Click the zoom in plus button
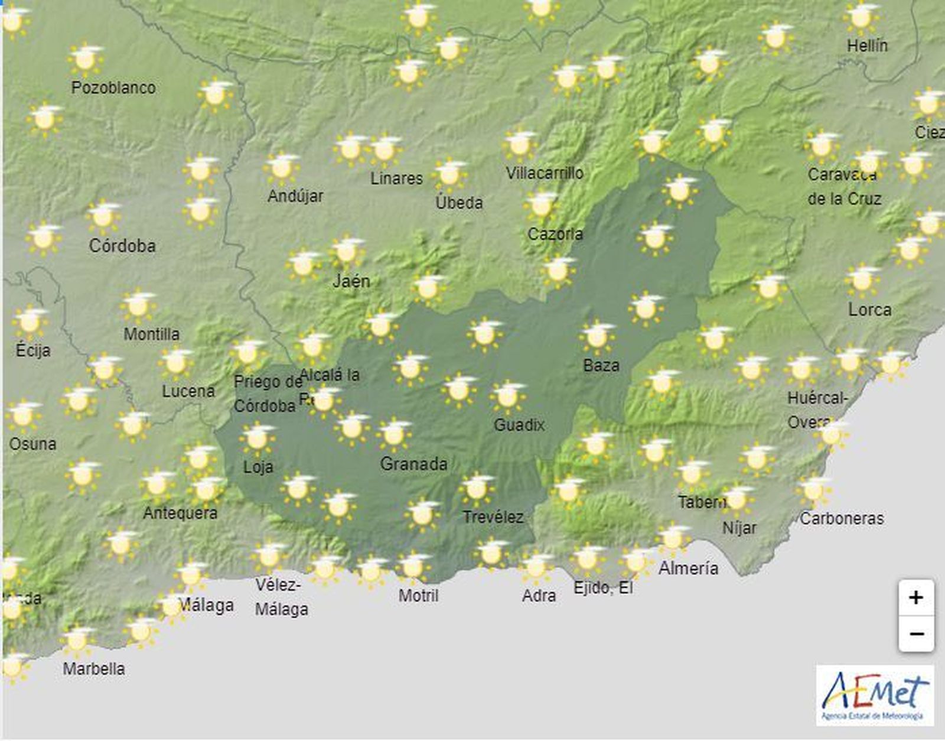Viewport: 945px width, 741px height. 916,598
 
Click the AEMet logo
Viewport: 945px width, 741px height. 875,695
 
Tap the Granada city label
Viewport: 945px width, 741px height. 413,464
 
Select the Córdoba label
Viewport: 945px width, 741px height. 122,246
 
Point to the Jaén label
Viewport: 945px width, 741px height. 351,281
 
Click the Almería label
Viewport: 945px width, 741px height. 689,568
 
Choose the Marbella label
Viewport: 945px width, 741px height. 94,669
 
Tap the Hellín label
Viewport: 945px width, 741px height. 867,45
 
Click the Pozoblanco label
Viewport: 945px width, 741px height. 113,88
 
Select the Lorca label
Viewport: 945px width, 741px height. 869,310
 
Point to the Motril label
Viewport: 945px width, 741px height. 418,595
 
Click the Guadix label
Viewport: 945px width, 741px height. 519,425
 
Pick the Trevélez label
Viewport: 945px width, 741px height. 493,518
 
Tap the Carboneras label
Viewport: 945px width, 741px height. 842,519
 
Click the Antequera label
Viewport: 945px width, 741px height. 180,513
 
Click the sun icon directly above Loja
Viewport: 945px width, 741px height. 257,438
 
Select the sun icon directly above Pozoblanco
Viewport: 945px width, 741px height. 86,58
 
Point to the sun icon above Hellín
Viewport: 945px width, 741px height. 860,18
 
